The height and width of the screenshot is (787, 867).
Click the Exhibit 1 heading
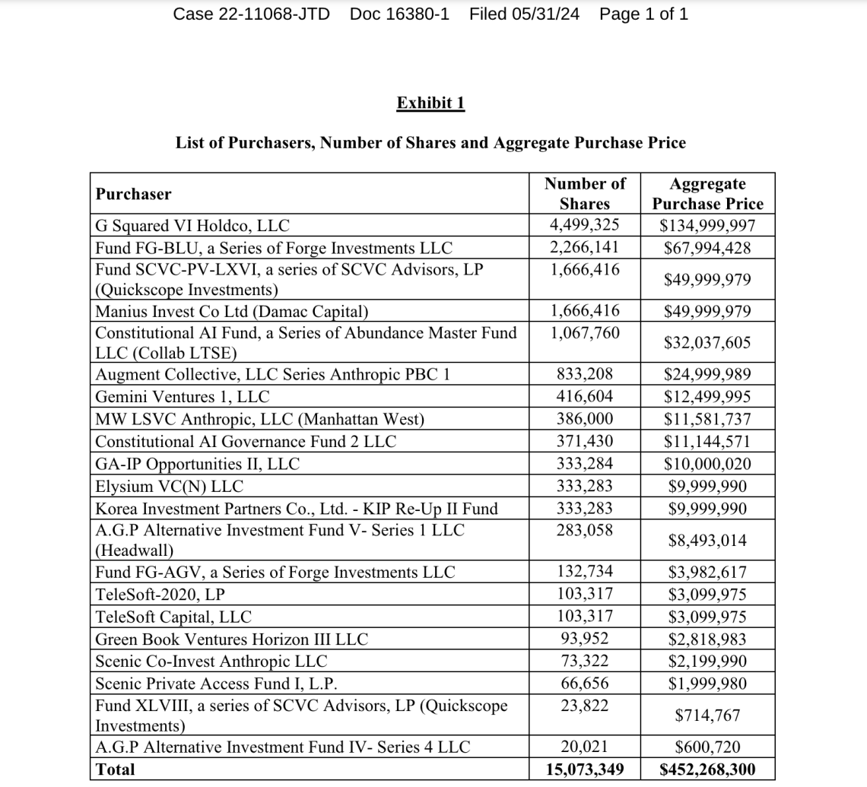(430, 103)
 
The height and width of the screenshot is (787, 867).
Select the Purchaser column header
(133, 194)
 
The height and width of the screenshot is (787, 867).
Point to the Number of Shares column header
(585, 193)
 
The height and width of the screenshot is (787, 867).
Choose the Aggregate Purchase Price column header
(707, 193)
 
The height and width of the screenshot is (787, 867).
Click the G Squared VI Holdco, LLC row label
(192, 226)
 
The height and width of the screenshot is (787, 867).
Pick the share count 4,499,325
(585, 225)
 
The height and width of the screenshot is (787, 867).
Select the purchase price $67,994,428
(707, 248)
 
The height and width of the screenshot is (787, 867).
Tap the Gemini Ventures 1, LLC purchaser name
(182, 397)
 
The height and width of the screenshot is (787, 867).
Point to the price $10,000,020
(707, 464)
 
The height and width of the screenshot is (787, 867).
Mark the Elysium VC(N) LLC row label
(169, 487)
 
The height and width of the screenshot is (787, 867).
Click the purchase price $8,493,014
(707, 541)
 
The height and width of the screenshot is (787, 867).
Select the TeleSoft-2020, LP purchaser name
(160, 595)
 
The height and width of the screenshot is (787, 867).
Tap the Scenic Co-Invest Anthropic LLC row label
(211, 662)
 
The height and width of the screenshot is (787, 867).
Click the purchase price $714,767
(707, 716)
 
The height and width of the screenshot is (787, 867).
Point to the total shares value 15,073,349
(585, 770)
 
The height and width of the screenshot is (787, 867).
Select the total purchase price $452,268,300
(707, 770)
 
